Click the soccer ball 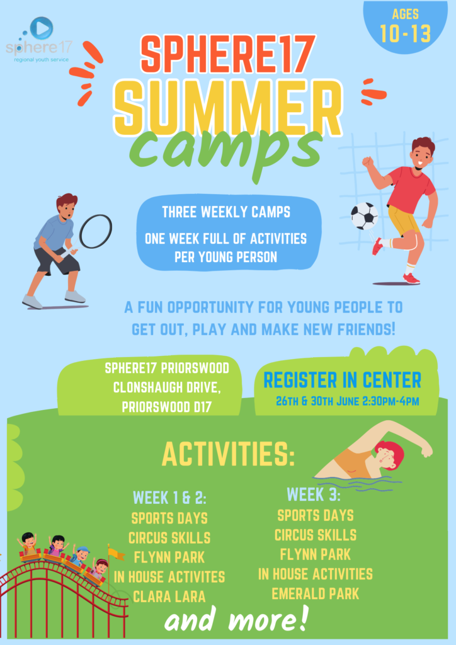click(x=364, y=216)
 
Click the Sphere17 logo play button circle click(x=42, y=28)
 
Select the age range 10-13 click(x=406, y=33)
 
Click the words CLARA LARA click(x=169, y=596)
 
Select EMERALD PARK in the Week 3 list click(x=316, y=593)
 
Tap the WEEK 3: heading click(x=314, y=494)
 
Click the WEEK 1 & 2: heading click(x=169, y=498)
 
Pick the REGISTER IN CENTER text click(x=343, y=380)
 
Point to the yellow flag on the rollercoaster click(x=116, y=554)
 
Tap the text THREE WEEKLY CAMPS click(x=226, y=212)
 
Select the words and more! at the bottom click(x=236, y=620)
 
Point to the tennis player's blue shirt click(x=55, y=232)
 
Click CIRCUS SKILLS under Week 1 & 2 click(x=169, y=538)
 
